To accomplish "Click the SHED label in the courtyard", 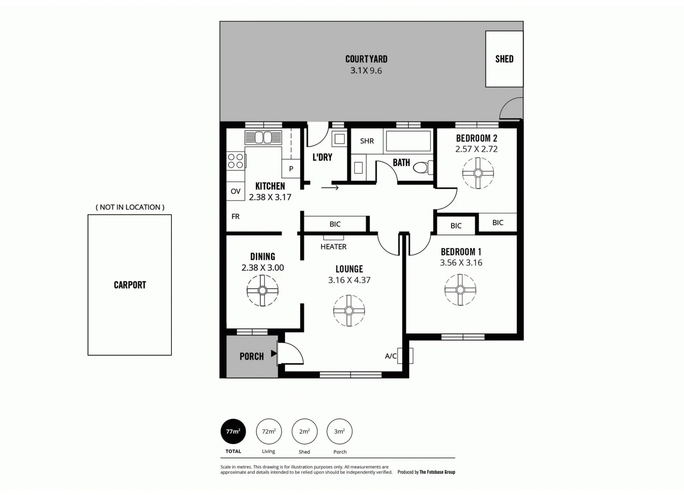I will click(504, 59).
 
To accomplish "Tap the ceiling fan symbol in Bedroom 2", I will click(478, 173).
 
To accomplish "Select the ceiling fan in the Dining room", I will click(262, 291).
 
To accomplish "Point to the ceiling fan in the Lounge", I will click(349, 311).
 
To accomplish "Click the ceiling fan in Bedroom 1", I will click(460, 290).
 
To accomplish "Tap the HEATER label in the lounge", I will click(333, 247).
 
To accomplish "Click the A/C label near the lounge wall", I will click(391, 356).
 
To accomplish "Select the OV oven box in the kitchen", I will click(236, 191).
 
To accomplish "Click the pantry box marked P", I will click(291, 169).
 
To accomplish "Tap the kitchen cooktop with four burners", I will click(236, 161).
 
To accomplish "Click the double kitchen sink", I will click(263, 137).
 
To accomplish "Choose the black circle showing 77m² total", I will click(233, 431).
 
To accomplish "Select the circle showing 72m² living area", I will click(269, 431).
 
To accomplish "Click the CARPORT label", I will click(130, 285).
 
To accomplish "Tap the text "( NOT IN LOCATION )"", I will click(130, 207).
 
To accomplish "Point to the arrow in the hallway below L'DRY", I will click(330, 187).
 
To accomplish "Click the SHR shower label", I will click(367, 141).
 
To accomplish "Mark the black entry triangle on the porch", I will click(274, 353).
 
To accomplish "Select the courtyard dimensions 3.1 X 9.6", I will click(366, 71).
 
